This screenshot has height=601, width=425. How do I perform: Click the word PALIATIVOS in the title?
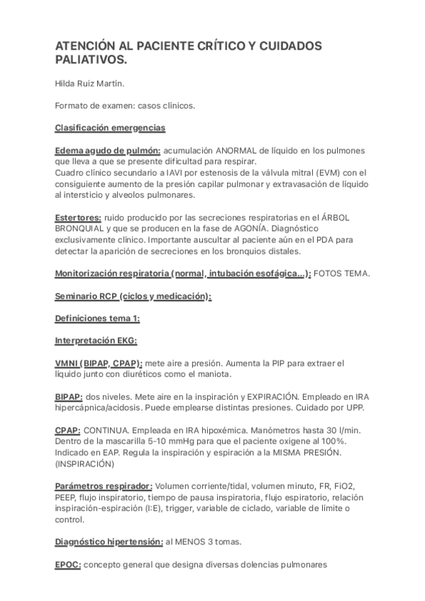point(88,60)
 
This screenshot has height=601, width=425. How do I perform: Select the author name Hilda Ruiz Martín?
point(91,84)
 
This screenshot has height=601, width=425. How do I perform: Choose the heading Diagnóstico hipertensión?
point(108,541)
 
